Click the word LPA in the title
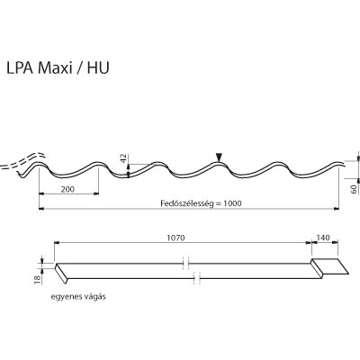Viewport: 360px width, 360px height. coord(40,67)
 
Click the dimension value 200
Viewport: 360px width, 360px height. coord(68,190)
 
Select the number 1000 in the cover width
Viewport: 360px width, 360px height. coord(232,203)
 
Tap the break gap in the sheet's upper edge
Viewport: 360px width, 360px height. coord(185,264)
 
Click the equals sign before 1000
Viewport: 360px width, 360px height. coord(215,203)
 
